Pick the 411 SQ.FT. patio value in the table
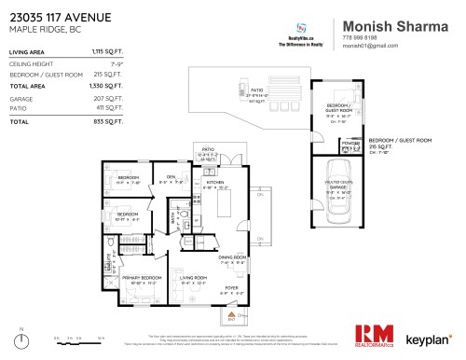pos(109,109)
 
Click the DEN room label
pos(171,176)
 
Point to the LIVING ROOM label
pos(192,277)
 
